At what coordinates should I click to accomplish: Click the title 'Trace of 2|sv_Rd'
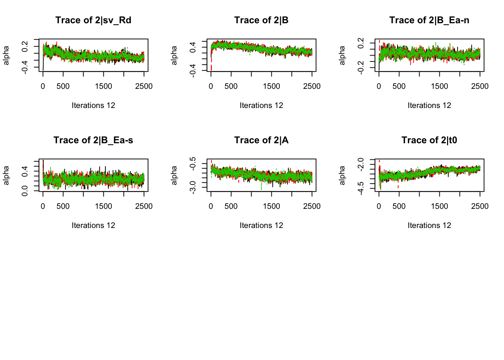[93, 20]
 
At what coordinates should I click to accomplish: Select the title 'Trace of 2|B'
[261, 20]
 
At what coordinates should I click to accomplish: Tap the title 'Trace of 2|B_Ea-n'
[429, 20]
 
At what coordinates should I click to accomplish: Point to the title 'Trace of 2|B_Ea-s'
[93, 140]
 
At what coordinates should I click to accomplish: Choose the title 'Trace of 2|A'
[261, 140]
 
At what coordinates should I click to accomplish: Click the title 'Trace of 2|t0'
[429, 140]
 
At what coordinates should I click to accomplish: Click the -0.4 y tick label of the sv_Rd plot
[25, 67]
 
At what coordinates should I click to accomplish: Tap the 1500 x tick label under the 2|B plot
[271, 86]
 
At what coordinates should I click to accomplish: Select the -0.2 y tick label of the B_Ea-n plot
[361, 67]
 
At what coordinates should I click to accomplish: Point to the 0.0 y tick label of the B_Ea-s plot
[25, 190]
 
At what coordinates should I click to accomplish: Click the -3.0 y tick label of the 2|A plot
[193, 186]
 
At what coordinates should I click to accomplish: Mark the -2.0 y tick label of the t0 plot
[361, 164]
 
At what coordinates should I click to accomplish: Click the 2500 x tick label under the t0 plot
[480, 206]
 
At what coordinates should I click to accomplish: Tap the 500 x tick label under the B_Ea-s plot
[63, 206]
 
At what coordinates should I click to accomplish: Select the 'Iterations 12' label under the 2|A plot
[261, 225]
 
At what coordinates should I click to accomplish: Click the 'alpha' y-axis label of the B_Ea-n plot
[342, 55]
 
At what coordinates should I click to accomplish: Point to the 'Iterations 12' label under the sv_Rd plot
[93, 105]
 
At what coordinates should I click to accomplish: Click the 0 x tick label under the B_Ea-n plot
[379, 86]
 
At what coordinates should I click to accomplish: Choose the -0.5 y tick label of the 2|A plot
[193, 163]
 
